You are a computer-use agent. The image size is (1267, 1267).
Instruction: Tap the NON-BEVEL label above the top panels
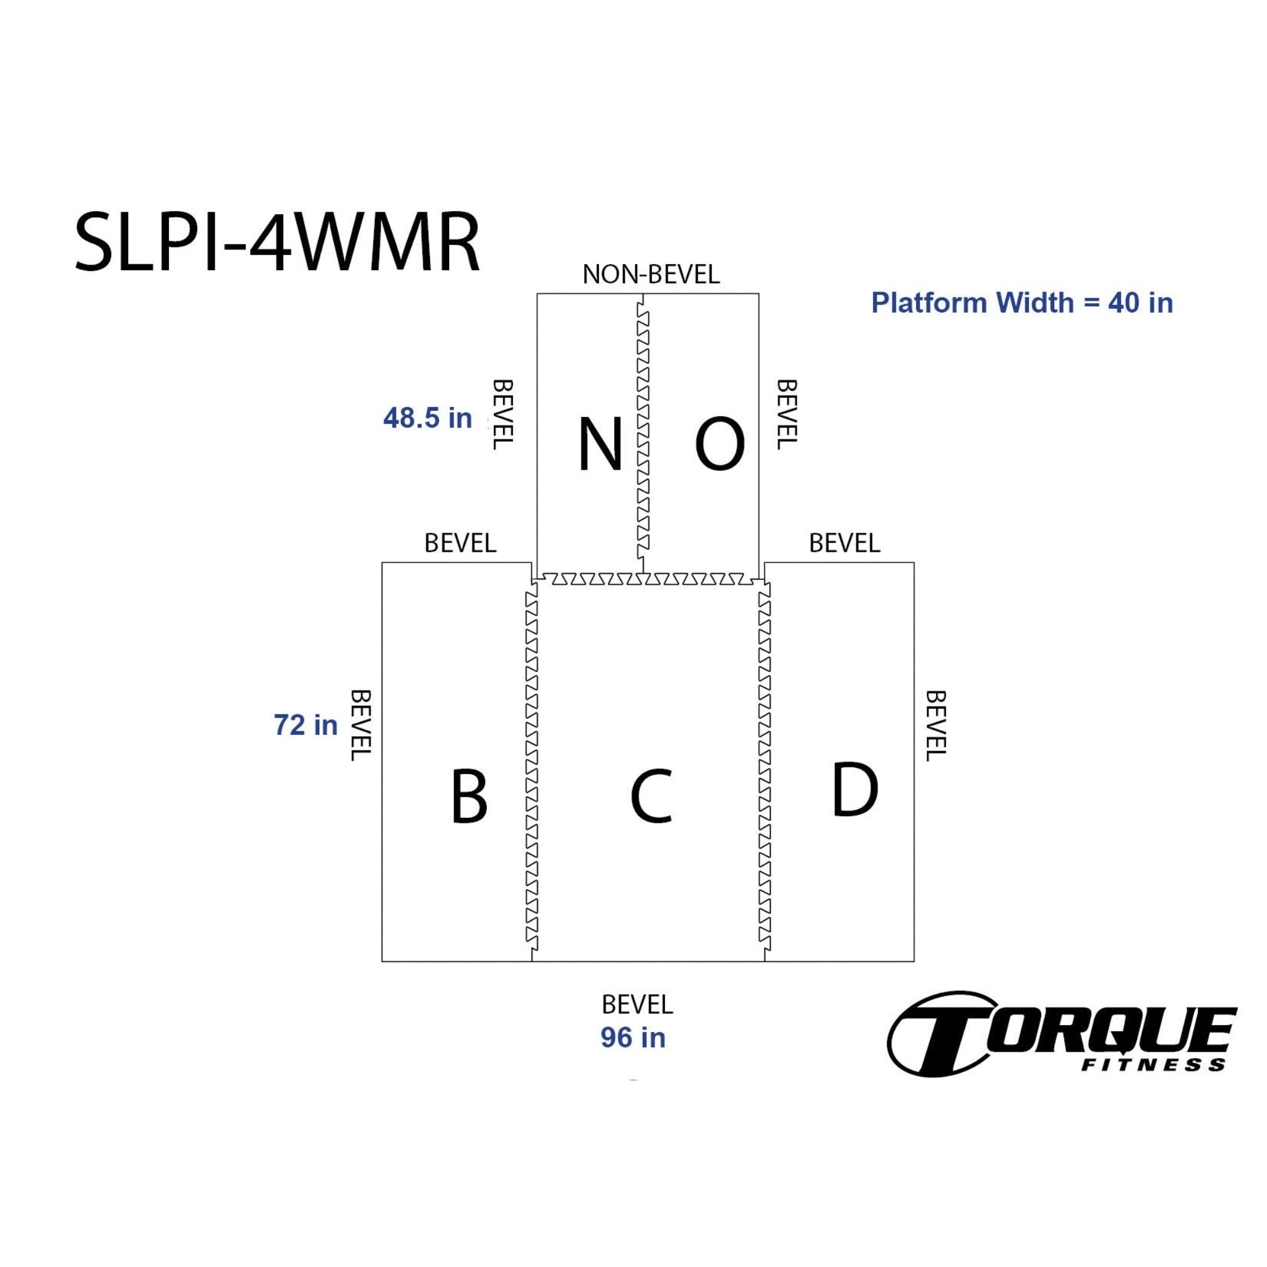[x=651, y=274]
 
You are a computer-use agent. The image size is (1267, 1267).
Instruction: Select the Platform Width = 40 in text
[x=1022, y=303]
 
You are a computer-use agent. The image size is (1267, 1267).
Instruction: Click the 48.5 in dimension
[x=427, y=418]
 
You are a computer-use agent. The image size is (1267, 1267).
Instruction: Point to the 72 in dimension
[x=306, y=724]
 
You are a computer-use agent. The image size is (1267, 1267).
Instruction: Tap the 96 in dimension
[x=633, y=1037]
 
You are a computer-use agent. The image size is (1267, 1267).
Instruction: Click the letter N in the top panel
[x=599, y=445]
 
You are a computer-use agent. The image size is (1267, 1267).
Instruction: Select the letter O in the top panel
[x=719, y=445]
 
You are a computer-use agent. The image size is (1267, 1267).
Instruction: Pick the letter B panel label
[x=469, y=796]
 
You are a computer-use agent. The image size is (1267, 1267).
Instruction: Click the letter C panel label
[x=651, y=796]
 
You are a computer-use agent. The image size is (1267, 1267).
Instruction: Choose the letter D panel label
[x=854, y=789]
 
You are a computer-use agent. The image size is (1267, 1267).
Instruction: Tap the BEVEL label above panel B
[x=460, y=543]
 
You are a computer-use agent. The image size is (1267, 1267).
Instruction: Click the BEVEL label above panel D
[x=844, y=543]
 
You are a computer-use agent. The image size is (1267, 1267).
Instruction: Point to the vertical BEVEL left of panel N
[x=502, y=414]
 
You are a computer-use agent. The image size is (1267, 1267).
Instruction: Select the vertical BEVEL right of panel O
[x=786, y=414]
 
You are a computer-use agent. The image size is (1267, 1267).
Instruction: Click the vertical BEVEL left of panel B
[x=361, y=725]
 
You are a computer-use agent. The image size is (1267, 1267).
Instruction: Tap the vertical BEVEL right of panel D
[x=935, y=725]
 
